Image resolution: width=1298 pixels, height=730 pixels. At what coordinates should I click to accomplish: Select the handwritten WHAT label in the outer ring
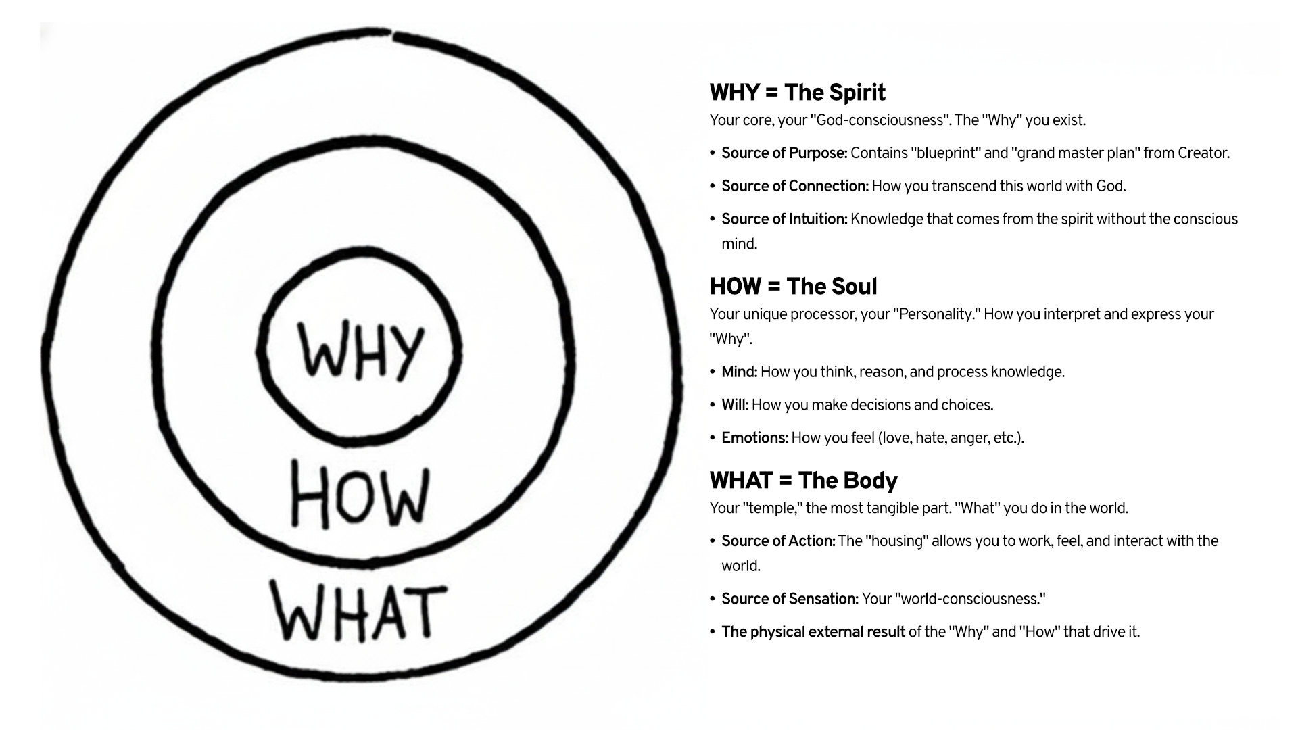point(359,612)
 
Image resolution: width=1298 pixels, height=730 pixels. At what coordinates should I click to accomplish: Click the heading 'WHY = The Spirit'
point(797,93)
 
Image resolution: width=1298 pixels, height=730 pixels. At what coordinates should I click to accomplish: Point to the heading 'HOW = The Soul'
point(793,287)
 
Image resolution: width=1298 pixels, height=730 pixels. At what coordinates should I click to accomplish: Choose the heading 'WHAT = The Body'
point(803,481)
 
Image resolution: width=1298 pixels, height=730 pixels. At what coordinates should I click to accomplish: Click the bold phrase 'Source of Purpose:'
point(784,153)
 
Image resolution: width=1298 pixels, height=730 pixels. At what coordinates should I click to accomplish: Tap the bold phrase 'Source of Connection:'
point(795,187)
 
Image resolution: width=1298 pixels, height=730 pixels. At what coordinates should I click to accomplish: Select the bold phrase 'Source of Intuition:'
point(784,220)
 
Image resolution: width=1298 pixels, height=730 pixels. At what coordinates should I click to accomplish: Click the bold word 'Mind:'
point(740,372)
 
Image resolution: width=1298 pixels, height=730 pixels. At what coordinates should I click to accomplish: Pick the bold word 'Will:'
point(735,406)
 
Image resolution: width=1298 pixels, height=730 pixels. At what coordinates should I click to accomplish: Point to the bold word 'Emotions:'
point(754,438)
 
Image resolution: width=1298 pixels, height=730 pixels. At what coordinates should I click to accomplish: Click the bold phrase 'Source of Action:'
point(778,541)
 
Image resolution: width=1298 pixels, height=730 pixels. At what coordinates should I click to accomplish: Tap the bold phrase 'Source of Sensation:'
point(790,600)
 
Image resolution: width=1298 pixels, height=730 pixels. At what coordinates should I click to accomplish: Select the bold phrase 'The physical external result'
point(813,633)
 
